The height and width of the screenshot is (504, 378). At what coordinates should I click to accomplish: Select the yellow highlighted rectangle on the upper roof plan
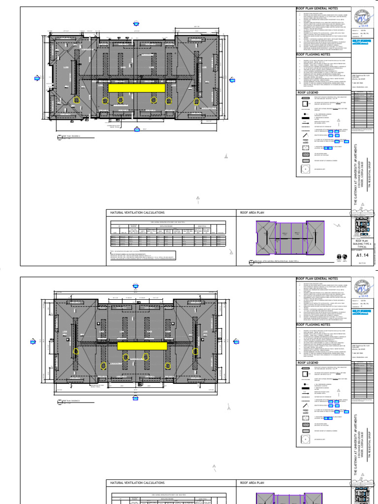[136, 88]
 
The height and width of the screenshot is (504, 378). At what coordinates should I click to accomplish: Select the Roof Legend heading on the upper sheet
[308, 92]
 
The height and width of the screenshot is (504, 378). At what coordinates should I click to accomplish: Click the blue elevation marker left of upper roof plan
[37, 77]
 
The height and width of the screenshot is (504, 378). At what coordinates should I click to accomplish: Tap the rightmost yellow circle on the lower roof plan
[195, 351]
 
